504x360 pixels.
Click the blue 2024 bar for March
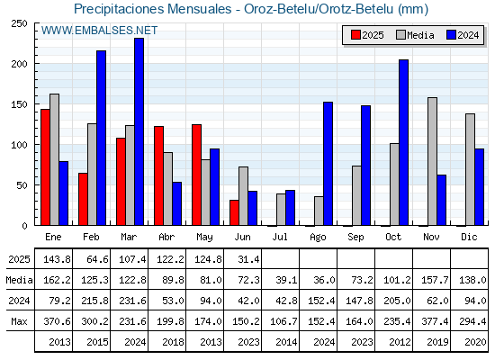pyautogui.click(x=139, y=131)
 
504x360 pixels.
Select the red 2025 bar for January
pyautogui.click(x=45, y=167)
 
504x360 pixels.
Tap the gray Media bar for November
pyautogui.click(x=433, y=161)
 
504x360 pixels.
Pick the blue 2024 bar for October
pyautogui.click(x=404, y=142)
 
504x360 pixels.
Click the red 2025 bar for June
pyautogui.click(x=234, y=212)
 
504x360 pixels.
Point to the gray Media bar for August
pyautogui.click(x=319, y=211)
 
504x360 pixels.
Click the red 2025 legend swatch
pyautogui.click(x=355, y=35)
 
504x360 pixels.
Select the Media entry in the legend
pyautogui.click(x=415, y=35)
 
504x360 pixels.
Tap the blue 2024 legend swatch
pyautogui.click(x=451, y=35)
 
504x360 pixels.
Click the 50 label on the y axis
pyautogui.click(x=22, y=185)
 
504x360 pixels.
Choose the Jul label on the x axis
pyautogui.click(x=280, y=237)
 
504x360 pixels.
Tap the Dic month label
pyautogui.click(x=469, y=237)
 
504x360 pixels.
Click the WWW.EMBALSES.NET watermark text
pyautogui.click(x=100, y=31)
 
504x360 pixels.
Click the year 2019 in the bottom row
pyautogui.click(x=437, y=342)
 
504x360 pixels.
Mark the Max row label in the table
pyautogui.click(x=19, y=321)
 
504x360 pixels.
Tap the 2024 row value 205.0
pyautogui.click(x=397, y=301)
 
